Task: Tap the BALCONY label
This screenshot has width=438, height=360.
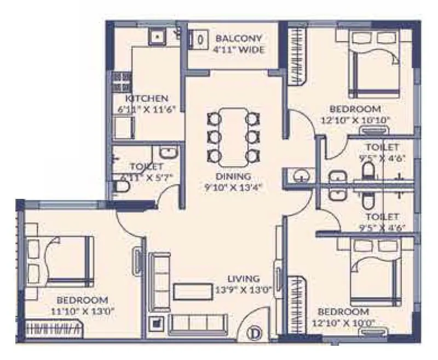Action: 239,39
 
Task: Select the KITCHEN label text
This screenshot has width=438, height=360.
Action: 146,99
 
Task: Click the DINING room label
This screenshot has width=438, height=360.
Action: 233,176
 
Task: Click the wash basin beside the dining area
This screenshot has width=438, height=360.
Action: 299,176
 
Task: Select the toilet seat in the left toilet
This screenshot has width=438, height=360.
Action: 123,188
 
